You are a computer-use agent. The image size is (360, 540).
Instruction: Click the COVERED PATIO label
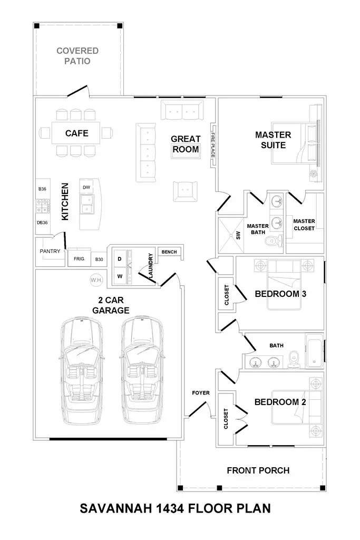[77, 56]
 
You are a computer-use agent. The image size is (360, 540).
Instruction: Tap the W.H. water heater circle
[96, 280]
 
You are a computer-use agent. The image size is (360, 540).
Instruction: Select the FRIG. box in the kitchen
[79, 259]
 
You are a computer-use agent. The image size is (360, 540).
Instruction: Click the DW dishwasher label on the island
[86, 187]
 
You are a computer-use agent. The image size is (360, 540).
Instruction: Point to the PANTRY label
[50, 252]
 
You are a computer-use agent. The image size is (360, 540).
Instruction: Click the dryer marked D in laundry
[120, 259]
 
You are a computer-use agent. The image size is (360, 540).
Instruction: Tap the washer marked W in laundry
[120, 275]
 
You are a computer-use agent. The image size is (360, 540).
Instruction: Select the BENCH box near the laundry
[169, 252]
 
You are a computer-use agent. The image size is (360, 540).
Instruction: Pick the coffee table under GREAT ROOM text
[186, 150]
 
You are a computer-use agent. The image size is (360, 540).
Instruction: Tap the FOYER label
[201, 392]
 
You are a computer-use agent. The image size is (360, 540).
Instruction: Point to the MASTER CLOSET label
[304, 225]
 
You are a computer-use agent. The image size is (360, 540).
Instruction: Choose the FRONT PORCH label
[258, 470]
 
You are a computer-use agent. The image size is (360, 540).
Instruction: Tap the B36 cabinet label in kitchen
[42, 188]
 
